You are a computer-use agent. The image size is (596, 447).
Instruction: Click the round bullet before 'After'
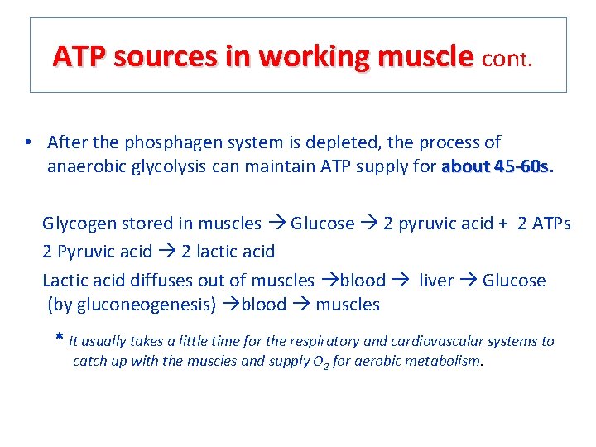click(28, 142)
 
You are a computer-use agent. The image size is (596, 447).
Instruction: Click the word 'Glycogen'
click(80, 223)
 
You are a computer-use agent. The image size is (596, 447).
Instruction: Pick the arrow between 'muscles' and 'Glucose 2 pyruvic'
click(276, 223)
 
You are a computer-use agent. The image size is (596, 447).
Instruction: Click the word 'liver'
click(436, 281)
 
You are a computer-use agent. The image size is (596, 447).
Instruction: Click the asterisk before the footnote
click(59, 339)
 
